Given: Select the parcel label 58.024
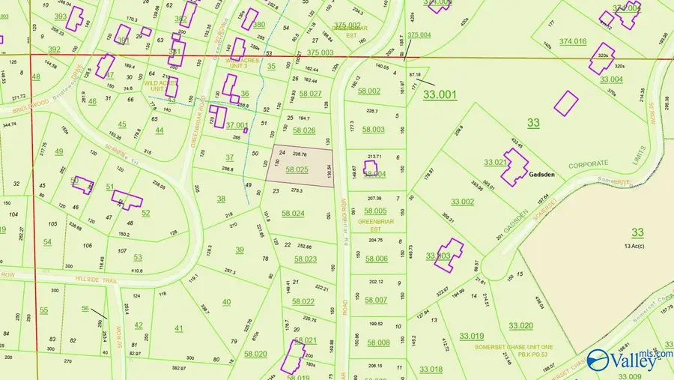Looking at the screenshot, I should click(293, 214).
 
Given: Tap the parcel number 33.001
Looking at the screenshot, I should click(440, 94).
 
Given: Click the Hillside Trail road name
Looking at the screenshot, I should click(97, 278).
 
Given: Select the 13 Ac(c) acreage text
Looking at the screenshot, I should click(637, 246).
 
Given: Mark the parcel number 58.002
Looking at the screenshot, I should click(369, 91).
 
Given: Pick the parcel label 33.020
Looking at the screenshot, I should click(520, 325).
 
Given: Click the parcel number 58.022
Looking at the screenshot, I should click(303, 301).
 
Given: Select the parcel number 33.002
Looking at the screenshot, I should click(462, 202).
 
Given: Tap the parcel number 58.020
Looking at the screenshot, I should click(255, 354).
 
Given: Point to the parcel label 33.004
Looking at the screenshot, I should click(611, 79).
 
